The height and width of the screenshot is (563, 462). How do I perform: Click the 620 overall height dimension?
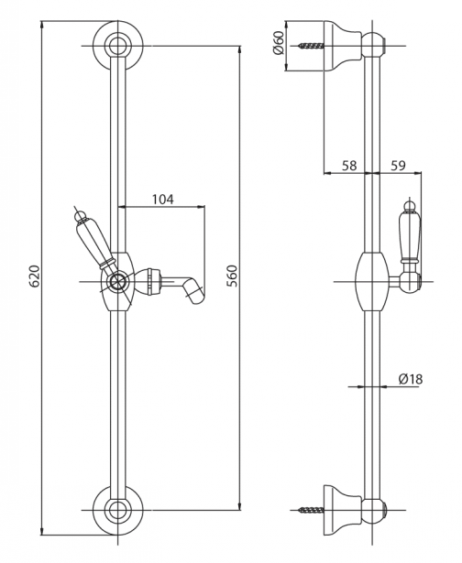34,276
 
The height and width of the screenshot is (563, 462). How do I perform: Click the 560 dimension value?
234,276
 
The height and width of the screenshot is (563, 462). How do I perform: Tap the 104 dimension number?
162,199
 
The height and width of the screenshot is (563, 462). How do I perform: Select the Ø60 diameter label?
278,42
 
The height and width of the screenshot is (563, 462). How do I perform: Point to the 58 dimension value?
349,166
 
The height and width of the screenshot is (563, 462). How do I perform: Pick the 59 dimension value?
398,166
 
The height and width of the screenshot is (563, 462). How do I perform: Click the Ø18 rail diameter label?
411,379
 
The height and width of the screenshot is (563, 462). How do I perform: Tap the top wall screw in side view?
312,46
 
